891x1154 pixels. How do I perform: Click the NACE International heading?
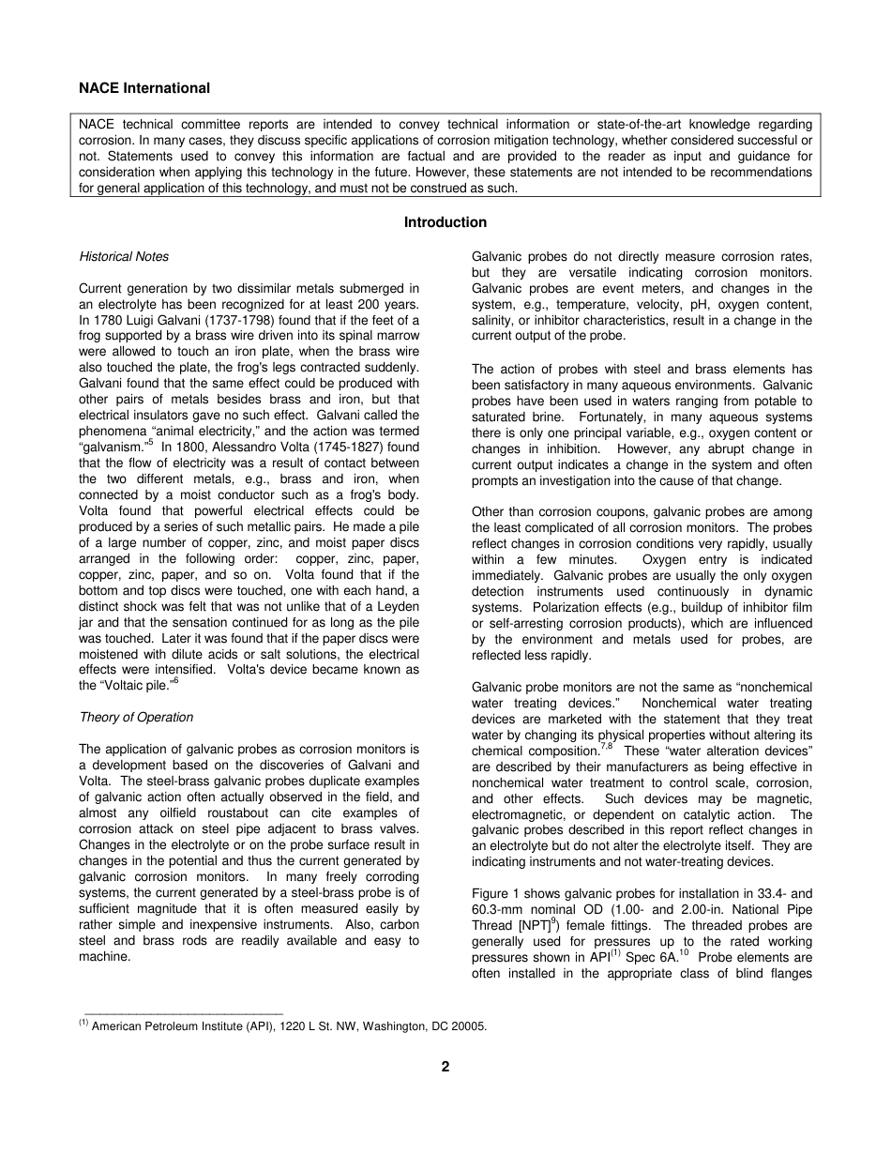tap(144, 88)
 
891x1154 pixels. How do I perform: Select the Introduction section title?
tap(445, 222)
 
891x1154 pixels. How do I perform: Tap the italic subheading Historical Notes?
tap(124, 256)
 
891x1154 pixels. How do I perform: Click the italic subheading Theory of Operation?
tap(136, 718)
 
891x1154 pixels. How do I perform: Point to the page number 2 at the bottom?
tap(445, 1067)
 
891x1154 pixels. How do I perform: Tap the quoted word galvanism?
tap(113, 448)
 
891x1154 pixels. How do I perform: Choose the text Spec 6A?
tap(654, 958)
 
